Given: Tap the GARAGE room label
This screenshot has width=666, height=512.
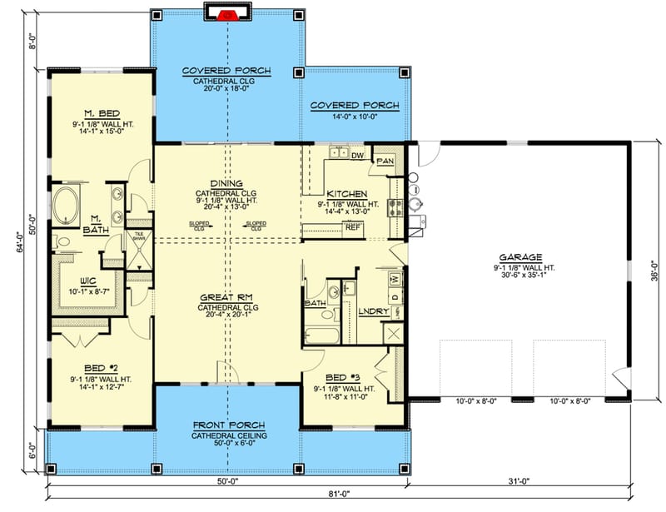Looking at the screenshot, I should (522, 257).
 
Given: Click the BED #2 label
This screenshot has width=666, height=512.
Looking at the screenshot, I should (99, 366).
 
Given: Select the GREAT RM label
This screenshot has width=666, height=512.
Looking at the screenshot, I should (226, 296).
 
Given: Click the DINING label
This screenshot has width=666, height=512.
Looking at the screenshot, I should (226, 183).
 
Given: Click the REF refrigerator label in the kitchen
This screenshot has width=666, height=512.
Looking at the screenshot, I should (352, 226).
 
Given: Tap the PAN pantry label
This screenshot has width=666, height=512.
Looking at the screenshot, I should (385, 160).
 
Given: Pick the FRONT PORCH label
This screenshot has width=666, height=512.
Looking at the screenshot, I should (226, 425).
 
